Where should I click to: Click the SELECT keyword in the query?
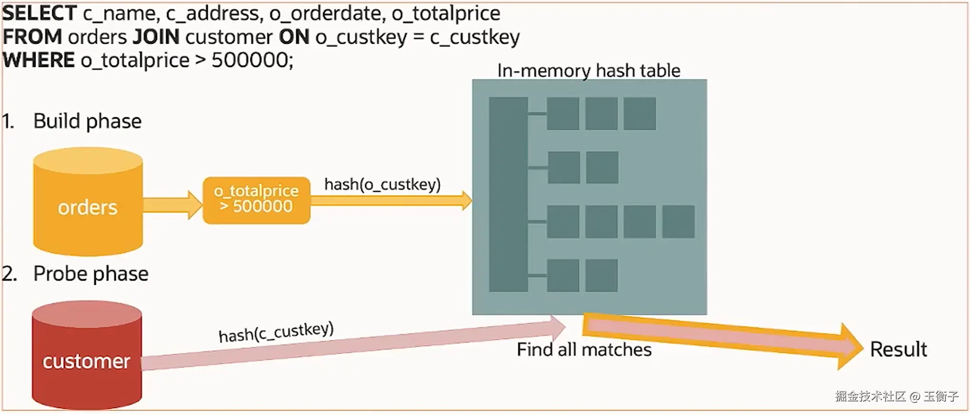[x=39, y=13]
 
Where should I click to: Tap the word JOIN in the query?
[x=156, y=37]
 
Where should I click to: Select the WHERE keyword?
[x=38, y=60]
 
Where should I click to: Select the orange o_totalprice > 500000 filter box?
[x=256, y=200]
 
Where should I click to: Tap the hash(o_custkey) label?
[x=382, y=184]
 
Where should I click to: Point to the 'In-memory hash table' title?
[x=588, y=71]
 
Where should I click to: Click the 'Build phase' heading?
[x=87, y=121]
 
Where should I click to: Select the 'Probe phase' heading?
[x=91, y=274]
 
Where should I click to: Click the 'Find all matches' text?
[x=584, y=349]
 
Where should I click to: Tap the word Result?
[x=898, y=349]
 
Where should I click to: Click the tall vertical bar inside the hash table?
[x=508, y=194]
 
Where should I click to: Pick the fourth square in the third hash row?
[x=678, y=221]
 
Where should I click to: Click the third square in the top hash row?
[x=640, y=113]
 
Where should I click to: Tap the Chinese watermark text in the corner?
[x=896, y=396]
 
